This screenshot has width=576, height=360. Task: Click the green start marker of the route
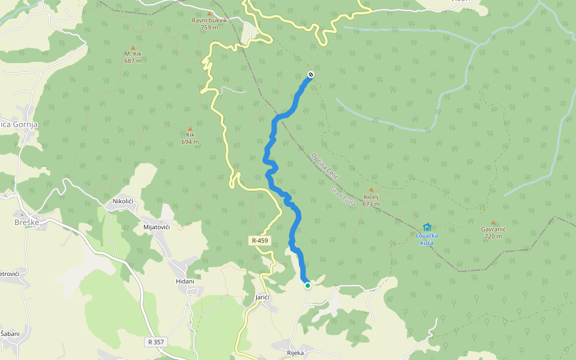click(307, 286)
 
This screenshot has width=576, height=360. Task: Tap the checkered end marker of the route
click(311, 75)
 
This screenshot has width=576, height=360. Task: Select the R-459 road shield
click(260, 241)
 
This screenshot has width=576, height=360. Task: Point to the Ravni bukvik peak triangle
click(209, 13)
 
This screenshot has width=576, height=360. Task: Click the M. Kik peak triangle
click(133, 48)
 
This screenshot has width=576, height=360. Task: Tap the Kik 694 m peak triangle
click(190, 129)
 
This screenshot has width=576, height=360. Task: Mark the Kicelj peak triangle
click(371, 190)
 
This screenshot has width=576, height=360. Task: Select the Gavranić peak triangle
click(493, 223)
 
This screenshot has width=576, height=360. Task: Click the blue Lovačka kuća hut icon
click(427, 227)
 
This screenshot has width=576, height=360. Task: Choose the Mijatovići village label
click(157, 227)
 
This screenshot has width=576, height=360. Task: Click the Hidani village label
click(185, 281)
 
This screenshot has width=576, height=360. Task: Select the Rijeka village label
click(295, 353)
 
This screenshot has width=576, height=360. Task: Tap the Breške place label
click(26, 222)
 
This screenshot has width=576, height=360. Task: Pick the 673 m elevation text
click(371, 205)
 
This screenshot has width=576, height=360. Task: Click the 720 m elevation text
click(493, 236)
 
